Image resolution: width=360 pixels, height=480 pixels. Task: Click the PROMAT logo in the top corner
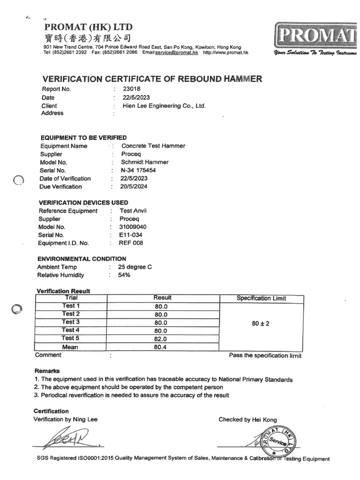[x=315, y=34]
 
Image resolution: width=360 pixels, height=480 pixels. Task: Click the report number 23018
[x=132, y=89]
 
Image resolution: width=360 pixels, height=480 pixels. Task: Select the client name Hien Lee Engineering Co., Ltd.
[x=164, y=106]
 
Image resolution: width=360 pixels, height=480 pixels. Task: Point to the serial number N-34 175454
[x=138, y=170]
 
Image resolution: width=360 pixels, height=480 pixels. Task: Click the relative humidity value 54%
[x=124, y=275]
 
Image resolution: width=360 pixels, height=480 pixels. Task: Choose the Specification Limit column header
[x=261, y=298]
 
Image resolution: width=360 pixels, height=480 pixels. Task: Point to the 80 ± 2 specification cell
[x=261, y=323]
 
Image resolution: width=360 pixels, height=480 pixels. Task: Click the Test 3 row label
[x=71, y=322]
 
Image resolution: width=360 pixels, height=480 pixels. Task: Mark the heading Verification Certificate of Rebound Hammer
[x=152, y=78]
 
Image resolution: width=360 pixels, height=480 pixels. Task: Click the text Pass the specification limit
[x=265, y=356]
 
